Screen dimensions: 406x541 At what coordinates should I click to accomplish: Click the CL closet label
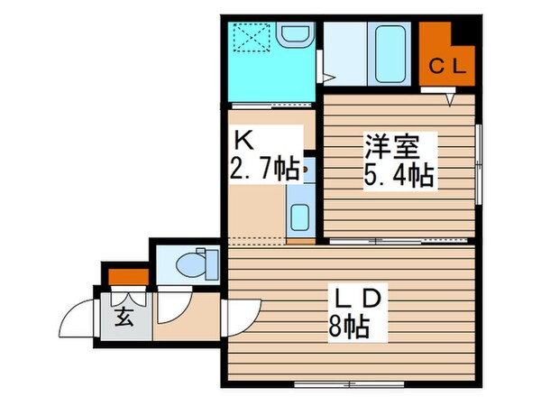[445, 65]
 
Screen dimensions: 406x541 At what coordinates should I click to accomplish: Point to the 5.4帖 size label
[399, 173]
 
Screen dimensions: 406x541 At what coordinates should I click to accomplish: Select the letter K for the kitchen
[243, 140]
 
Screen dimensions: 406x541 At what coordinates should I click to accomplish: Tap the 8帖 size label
[352, 328]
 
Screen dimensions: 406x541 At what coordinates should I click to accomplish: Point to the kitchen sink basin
[300, 217]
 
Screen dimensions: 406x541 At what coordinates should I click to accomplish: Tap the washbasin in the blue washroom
[293, 37]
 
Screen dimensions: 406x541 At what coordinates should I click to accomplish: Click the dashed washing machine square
[252, 38]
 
